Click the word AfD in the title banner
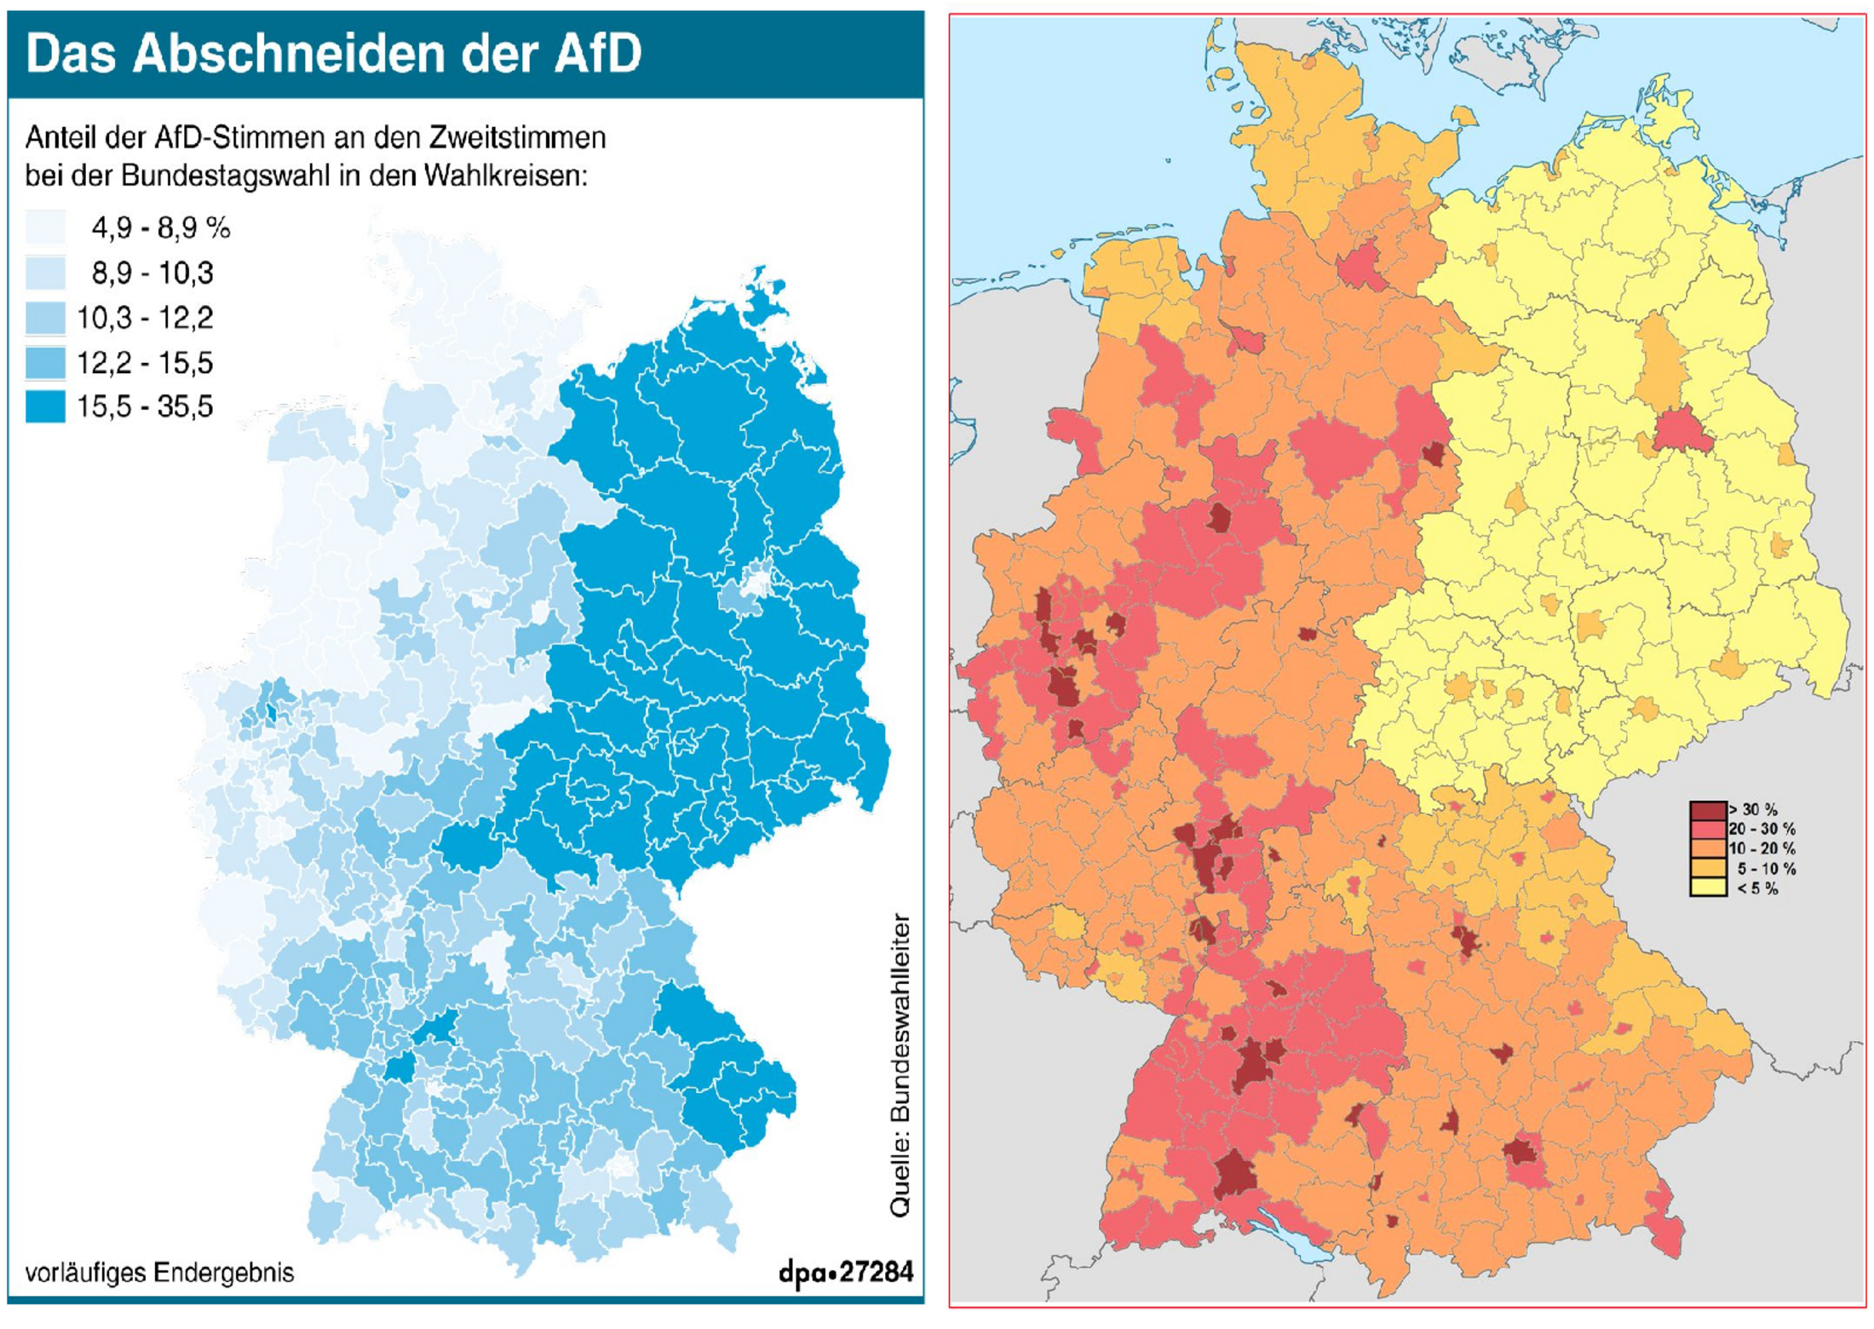[x=597, y=53]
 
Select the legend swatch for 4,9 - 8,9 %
[x=45, y=227]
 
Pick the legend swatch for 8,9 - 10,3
[x=45, y=273]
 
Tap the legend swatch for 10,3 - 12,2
[x=45, y=318]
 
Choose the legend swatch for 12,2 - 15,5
[x=45, y=362]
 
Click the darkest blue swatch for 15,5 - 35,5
[x=45, y=406]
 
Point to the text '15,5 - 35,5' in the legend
[x=145, y=406]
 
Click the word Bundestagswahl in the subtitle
[x=225, y=175]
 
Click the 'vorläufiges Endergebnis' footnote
[x=159, y=1272]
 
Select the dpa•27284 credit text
[x=845, y=1272]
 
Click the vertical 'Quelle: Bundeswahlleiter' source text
[x=900, y=1065]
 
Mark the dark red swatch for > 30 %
[x=1707, y=810]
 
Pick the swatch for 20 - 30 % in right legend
[x=1707, y=829]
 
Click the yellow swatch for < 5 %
[x=1707, y=889]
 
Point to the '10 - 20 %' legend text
[x=1762, y=849]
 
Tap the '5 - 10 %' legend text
[x=1766, y=869]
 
